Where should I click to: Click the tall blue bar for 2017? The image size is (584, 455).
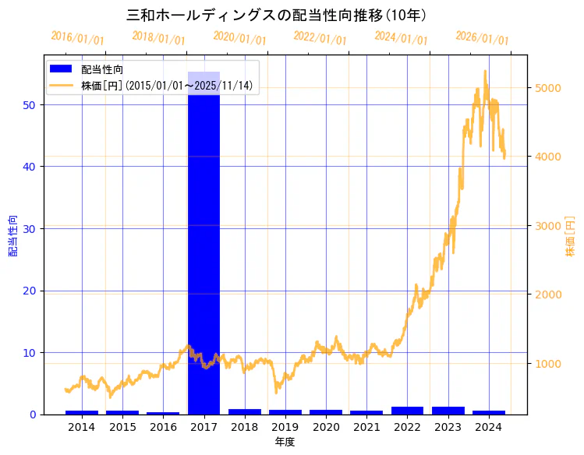tap(204, 242)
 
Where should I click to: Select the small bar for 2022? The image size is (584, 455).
tap(407, 410)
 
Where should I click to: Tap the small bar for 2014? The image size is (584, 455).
tap(82, 412)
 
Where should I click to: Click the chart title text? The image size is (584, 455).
tap(276, 15)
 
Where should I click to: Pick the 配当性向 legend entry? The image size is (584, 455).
tap(102, 69)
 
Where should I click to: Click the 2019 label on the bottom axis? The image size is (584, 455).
tap(285, 427)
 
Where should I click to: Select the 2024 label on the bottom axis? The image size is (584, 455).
tap(488, 427)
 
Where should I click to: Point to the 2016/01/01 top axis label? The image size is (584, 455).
tap(77, 38)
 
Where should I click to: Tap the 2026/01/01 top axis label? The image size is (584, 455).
tap(482, 38)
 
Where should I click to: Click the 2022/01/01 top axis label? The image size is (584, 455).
tap(320, 38)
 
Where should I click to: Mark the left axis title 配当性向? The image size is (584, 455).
tap(12, 236)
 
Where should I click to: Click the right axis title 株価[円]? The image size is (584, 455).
tap(570, 237)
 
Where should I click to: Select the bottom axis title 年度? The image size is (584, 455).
tap(285, 442)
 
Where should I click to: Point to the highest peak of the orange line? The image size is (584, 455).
tap(485, 71)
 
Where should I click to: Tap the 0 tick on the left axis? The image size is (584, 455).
tap(34, 414)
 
